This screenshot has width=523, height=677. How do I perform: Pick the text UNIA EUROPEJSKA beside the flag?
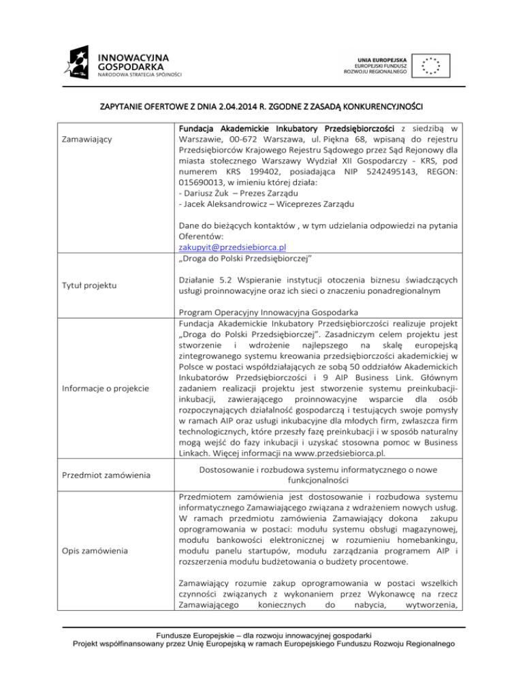[x=380, y=53]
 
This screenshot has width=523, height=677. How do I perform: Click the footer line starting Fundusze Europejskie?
[x=261, y=646]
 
